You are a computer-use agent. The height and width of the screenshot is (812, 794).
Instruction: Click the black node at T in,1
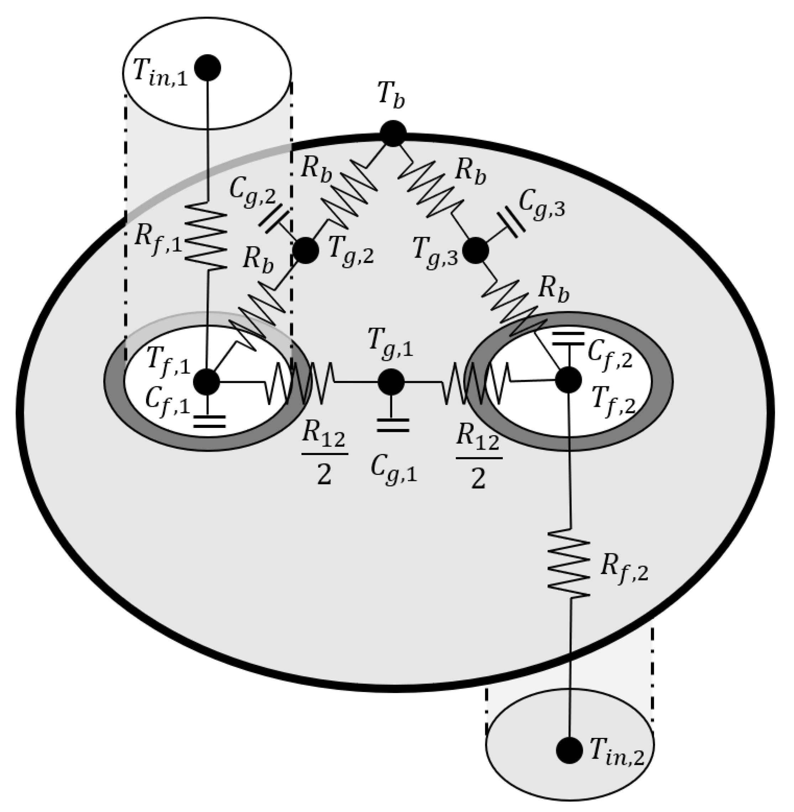click(208, 68)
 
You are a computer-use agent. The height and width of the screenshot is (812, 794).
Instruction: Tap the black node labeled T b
click(393, 133)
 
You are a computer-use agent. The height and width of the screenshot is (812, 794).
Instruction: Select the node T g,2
click(306, 250)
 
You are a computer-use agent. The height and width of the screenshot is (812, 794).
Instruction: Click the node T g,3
click(476, 250)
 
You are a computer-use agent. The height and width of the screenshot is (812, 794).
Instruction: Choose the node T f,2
click(568, 380)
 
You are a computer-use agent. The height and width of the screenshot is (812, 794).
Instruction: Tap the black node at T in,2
click(569, 750)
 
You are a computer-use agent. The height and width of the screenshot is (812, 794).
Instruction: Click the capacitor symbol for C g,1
click(392, 425)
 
